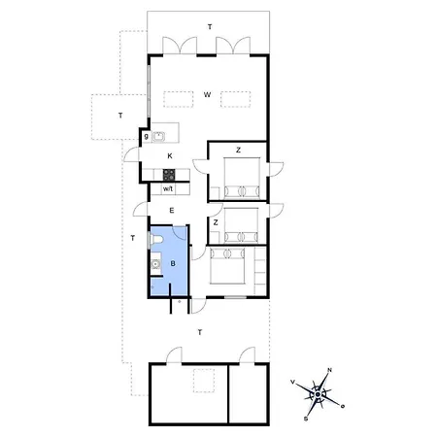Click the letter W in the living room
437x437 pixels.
click(207, 95)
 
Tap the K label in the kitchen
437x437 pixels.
click(170, 156)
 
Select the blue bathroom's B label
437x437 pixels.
click(173, 264)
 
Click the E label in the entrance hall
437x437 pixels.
click(172, 211)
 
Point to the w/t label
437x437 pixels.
click(168, 188)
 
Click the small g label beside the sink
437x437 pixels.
click(147, 137)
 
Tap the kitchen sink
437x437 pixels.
click(158, 137)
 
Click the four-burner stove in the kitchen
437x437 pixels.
click(169, 175)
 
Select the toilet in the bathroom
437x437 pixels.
click(156, 240)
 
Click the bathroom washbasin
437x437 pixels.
click(156, 264)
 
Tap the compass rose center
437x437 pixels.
click(318, 394)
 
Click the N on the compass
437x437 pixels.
click(330, 370)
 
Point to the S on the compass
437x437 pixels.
click(306, 419)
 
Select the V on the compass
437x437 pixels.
click(293, 382)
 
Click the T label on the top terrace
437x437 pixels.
click(210, 27)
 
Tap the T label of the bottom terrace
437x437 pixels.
click(200, 332)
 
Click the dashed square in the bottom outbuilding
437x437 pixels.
click(204, 381)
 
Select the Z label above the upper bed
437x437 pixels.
click(239, 151)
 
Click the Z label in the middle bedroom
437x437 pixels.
click(216, 222)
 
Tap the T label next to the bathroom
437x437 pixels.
click(133, 238)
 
